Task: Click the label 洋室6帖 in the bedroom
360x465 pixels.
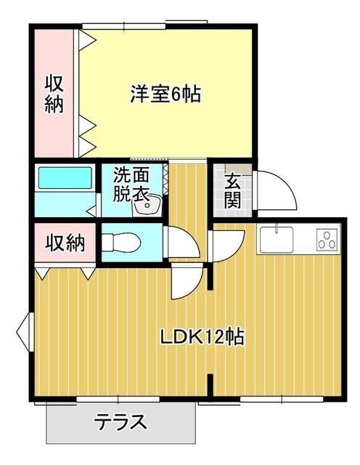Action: [x=165, y=94]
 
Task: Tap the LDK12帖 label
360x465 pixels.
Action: [x=201, y=337]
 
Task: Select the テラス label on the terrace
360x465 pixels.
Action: [x=121, y=421]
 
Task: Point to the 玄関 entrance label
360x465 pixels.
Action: [x=232, y=191]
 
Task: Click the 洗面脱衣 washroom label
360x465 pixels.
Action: [x=131, y=185]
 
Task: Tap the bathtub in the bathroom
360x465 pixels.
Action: [x=65, y=179]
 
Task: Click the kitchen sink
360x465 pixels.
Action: [x=275, y=238]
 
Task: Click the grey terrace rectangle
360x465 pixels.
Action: [x=121, y=423]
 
